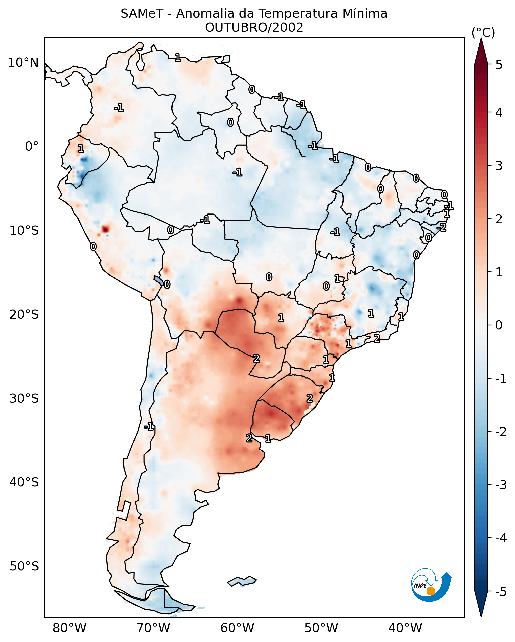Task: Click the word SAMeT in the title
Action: (x=142, y=14)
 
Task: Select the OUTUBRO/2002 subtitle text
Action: (x=254, y=28)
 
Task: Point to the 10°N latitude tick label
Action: (x=23, y=63)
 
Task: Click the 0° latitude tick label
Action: (x=32, y=147)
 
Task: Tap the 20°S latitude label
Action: (x=24, y=314)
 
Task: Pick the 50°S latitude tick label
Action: (x=24, y=566)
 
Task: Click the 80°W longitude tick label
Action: (x=69, y=628)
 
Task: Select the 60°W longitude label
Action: (x=237, y=628)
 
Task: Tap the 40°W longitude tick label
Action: (x=405, y=628)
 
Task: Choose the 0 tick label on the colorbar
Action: (x=499, y=325)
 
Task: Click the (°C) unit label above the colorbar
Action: (x=483, y=33)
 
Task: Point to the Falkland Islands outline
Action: (x=242, y=581)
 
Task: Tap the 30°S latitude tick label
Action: (x=24, y=398)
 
